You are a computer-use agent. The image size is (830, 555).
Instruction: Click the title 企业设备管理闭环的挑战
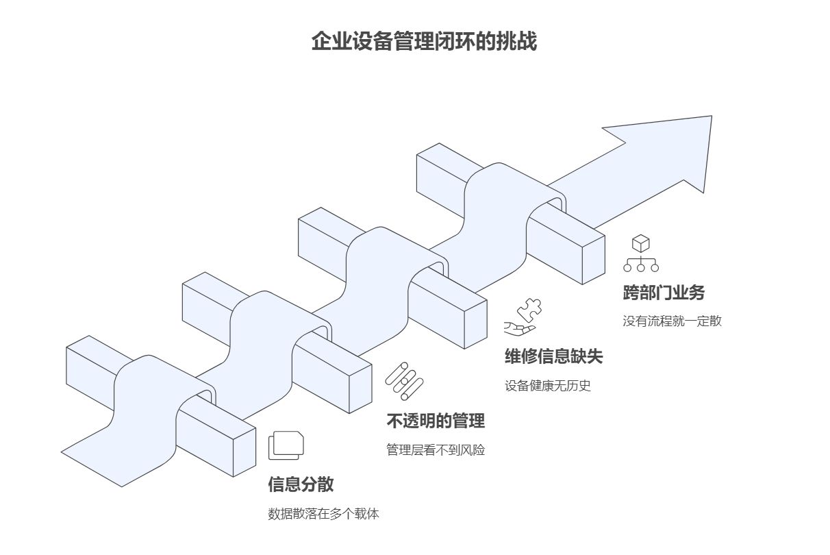click(424, 41)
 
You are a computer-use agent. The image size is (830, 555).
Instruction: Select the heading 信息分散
click(301, 484)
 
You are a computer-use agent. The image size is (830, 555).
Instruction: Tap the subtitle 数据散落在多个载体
click(323, 514)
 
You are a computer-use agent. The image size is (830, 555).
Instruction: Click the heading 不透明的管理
click(436, 421)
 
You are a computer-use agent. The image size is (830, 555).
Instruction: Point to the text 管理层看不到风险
click(436, 450)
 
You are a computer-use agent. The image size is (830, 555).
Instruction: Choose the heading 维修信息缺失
click(554, 356)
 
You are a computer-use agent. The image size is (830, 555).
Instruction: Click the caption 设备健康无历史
click(548, 386)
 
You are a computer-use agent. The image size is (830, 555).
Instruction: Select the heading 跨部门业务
click(664, 293)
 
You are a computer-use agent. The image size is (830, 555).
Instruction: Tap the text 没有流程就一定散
click(672, 321)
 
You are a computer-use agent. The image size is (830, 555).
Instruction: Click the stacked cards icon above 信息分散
click(286, 445)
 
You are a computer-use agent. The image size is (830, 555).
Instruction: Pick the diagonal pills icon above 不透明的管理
click(404, 381)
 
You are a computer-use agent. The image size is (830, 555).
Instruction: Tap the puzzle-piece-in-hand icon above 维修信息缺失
click(523, 317)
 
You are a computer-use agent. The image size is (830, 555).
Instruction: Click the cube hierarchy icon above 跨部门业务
click(641, 253)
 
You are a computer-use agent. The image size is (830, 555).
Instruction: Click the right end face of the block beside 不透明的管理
click(360, 388)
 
